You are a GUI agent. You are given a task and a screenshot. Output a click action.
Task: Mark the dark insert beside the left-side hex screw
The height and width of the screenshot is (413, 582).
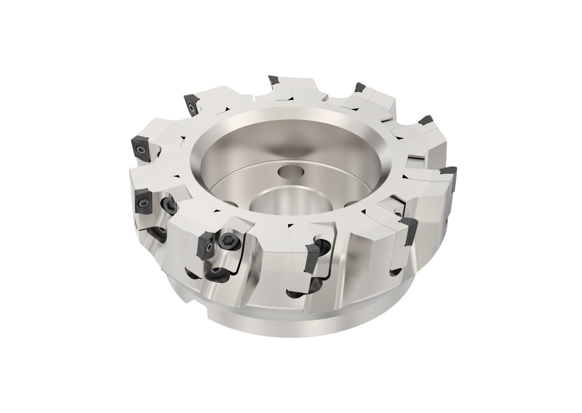point(142,200)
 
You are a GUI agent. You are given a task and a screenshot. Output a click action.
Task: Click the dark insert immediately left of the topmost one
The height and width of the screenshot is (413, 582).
point(192,104)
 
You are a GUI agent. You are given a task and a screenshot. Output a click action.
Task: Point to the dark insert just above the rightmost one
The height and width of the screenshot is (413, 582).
point(425,120)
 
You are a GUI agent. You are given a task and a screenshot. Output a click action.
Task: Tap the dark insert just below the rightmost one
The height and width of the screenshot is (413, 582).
point(408,226)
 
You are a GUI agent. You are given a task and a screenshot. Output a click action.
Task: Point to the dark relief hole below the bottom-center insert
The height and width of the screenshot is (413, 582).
point(296,294)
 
